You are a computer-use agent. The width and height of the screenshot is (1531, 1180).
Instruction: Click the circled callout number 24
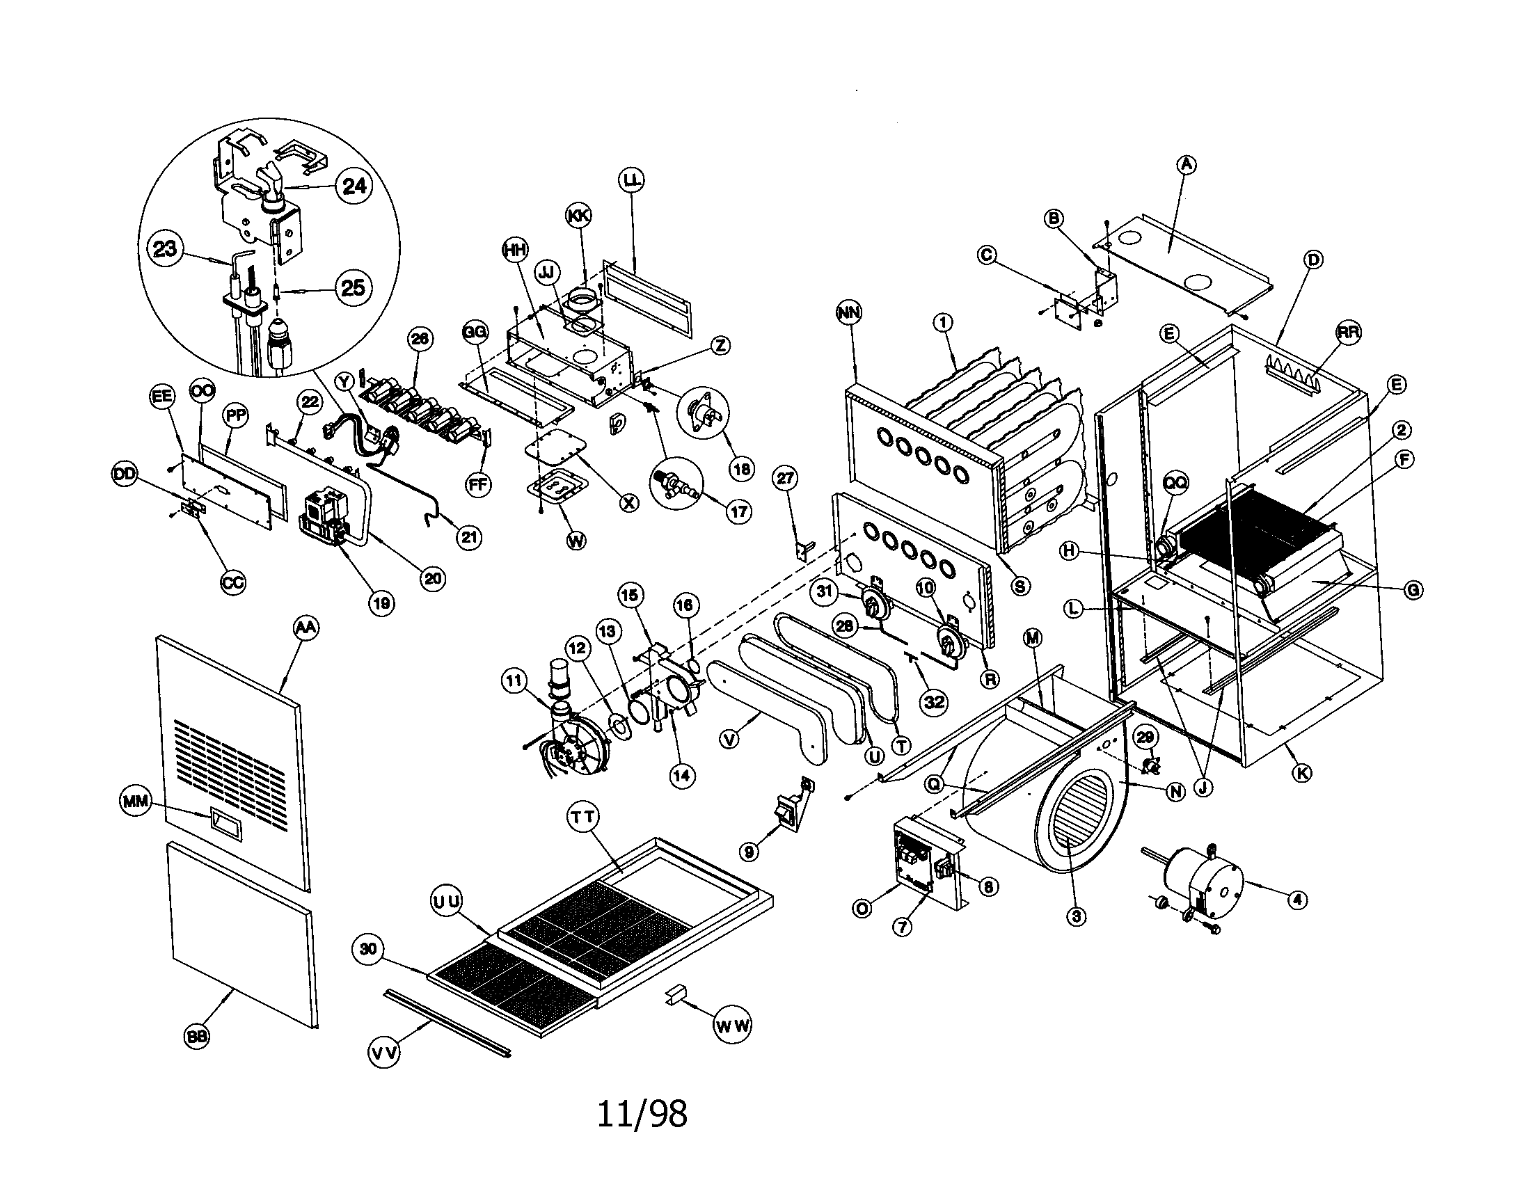coord(355,186)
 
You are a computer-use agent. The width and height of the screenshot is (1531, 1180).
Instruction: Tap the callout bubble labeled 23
coord(165,248)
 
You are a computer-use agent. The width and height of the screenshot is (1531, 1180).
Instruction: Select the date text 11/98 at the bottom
coord(642,1113)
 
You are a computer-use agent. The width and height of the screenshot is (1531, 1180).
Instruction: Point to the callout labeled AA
coord(304,628)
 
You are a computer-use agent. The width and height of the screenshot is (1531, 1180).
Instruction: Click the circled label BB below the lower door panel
coord(198,1037)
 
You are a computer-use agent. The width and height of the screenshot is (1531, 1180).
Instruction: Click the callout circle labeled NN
coord(850,312)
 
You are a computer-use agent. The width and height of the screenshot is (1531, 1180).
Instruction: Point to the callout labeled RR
coord(1347,333)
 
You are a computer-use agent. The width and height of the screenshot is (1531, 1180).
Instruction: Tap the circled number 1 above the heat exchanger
coord(944,321)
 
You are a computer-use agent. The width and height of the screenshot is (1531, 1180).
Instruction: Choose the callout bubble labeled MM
coord(136,801)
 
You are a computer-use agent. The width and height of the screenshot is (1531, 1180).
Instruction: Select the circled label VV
coord(384,1052)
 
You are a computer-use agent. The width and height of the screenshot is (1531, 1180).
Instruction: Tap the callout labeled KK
coord(578,216)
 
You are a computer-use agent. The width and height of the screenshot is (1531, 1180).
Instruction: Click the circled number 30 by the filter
coord(368,950)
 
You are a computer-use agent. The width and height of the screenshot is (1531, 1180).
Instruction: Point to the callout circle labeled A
coord(1185,165)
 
